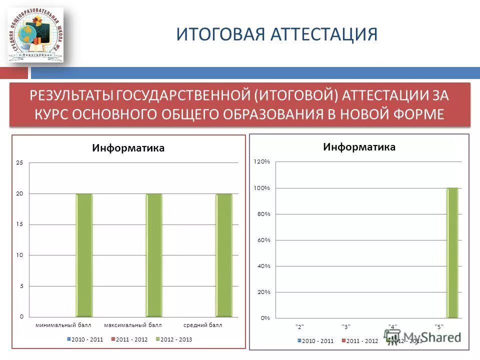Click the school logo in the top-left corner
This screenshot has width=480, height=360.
point(35,35)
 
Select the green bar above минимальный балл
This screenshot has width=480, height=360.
point(84,255)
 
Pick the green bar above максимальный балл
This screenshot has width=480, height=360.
point(154,255)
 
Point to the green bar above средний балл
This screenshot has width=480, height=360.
point(224,255)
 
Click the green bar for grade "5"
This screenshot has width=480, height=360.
point(452,252)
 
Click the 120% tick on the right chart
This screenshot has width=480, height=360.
point(262,161)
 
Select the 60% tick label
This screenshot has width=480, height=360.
point(263,240)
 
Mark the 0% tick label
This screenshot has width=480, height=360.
point(265,318)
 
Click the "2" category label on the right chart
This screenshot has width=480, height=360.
point(299,326)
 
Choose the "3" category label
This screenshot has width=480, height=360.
point(346,326)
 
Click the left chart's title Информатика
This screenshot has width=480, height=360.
point(128,148)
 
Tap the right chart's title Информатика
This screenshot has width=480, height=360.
point(359,146)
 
